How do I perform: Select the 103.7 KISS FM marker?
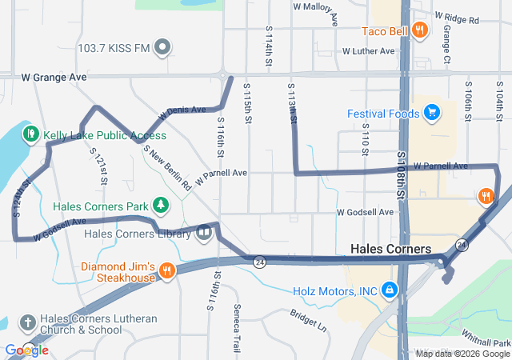coord(163,48)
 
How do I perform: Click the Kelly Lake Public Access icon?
coord(31,134)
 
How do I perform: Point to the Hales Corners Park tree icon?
coord(162,206)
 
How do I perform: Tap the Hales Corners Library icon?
coord(204,234)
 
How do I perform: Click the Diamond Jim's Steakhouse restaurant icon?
coord(166,271)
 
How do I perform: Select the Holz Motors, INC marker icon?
coord(389,289)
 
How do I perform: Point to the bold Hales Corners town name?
coord(390,250)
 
